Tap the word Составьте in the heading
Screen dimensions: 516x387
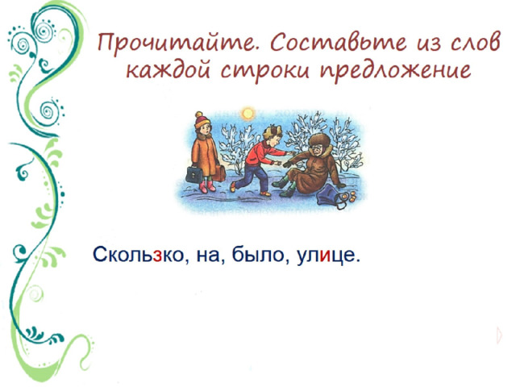[x=339, y=43]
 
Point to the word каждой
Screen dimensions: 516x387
[x=168, y=70]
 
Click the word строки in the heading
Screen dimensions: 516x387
[x=265, y=71]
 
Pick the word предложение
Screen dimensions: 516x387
[x=396, y=70]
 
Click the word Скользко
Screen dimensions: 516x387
[x=138, y=255]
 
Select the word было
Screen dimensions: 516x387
[x=258, y=255]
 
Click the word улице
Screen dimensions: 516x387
[x=326, y=256]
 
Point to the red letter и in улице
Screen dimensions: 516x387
[x=324, y=256]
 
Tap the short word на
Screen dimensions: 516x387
[x=208, y=256]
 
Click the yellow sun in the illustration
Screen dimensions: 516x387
[x=248, y=114]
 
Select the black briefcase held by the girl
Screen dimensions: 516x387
[x=193, y=174]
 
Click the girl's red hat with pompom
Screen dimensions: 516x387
[x=202, y=120]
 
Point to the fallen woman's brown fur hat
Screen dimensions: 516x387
[x=318, y=141]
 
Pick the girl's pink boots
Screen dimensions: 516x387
[x=207, y=186]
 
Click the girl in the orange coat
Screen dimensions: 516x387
[x=205, y=152]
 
